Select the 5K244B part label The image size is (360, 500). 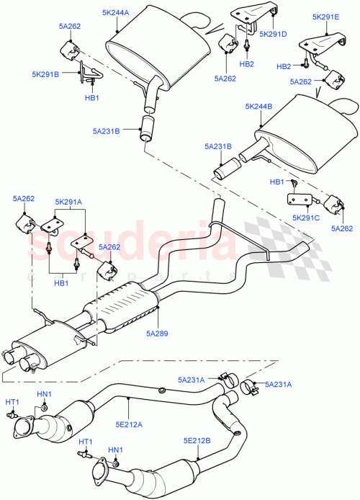(x=258, y=107)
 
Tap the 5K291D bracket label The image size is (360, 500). (x=272, y=33)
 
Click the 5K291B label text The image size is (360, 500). (x=46, y=73)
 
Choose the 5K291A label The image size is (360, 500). (x=68, y=202)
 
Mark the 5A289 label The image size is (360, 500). (x=158, y=334)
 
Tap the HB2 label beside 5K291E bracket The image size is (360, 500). (x=283, y=66)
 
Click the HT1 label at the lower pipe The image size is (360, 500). (x=85, y=441)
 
